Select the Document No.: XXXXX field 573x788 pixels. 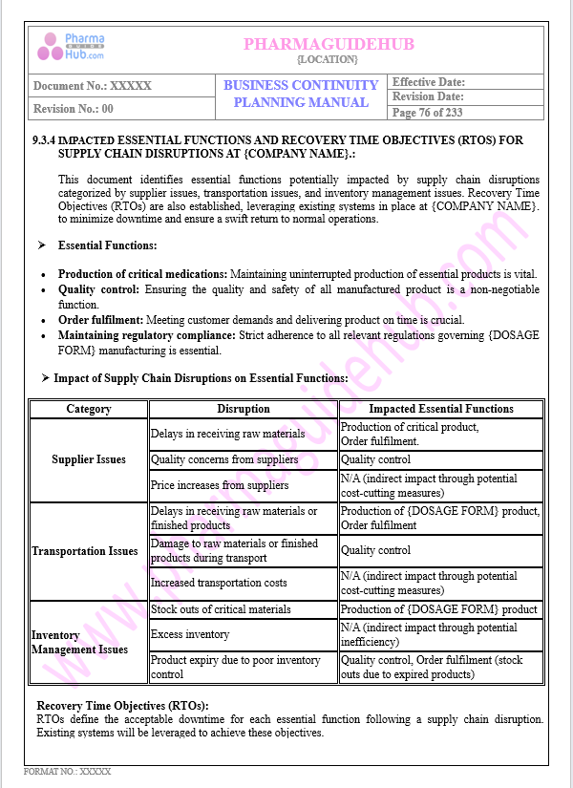(93, 86)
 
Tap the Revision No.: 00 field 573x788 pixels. (74, 109)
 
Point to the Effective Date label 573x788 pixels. (429, 82)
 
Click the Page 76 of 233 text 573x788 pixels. (428, 113)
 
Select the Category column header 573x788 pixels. (89, 409)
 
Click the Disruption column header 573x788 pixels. (244, 409)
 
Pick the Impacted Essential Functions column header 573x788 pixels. (441, 409)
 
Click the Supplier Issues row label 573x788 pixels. (89, 459)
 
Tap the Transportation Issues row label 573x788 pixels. (85, 551)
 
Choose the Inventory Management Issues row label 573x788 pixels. (79, 642)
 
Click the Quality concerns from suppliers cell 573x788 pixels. (224, 459)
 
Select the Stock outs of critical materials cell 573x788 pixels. (221, 609)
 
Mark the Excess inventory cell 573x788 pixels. (190, 634)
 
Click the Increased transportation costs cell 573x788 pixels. (219, 583)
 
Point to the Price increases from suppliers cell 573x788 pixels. (220, 485)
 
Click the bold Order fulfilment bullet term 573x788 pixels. (97, 320)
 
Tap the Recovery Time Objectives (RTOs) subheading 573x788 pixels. (122, 706)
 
